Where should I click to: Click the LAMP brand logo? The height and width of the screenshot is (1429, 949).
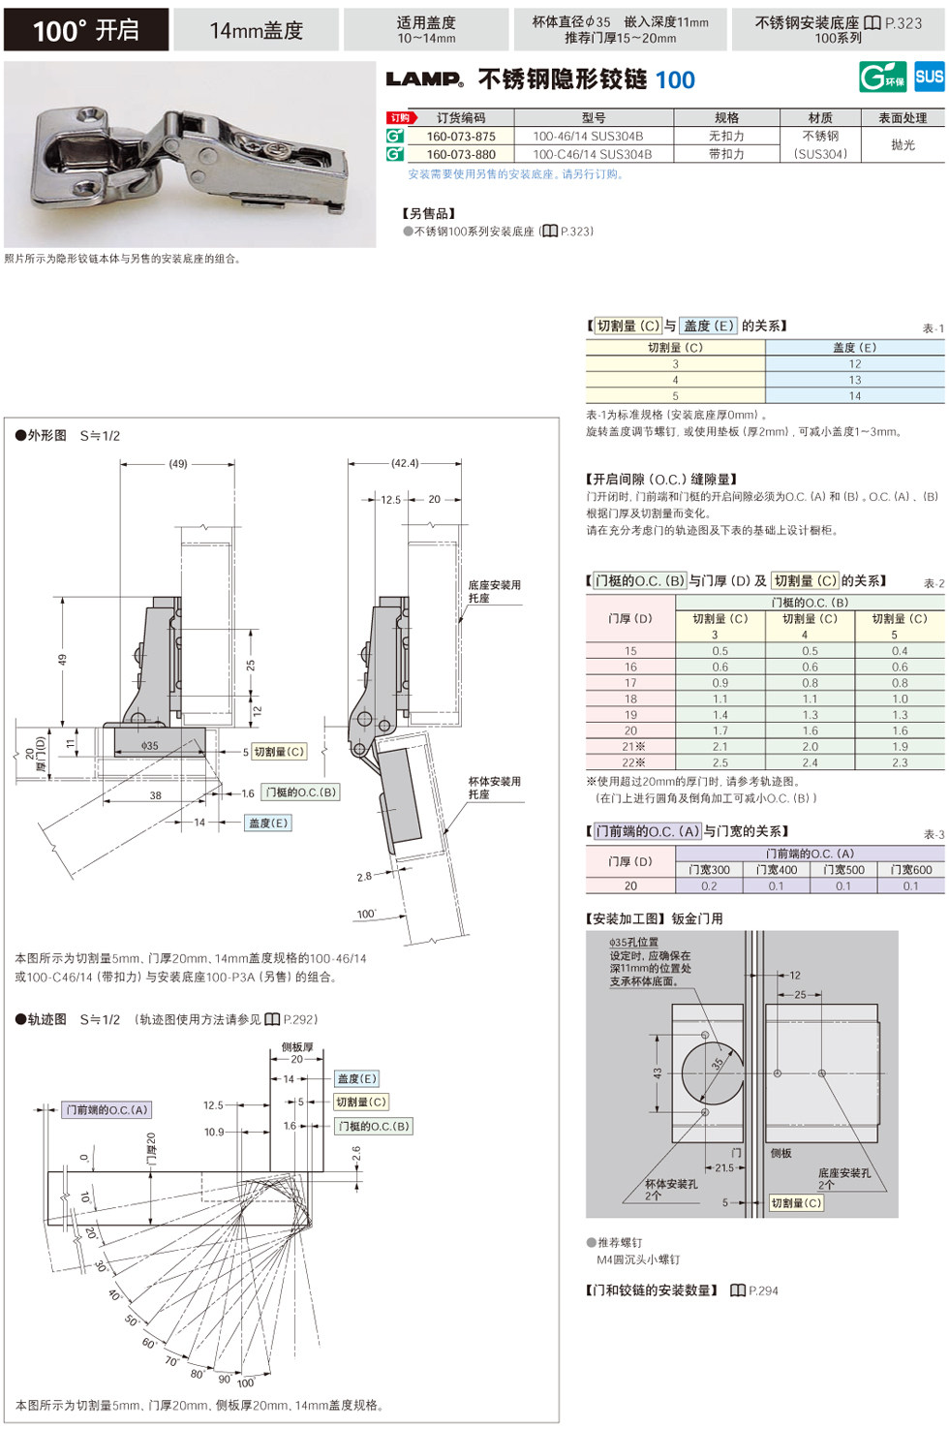424,79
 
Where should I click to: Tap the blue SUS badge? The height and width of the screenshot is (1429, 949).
929,77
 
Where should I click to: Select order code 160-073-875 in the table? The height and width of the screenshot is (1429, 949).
461,137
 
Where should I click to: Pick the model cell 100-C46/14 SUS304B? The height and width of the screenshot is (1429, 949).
592,154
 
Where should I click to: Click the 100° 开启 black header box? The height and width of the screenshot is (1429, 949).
86,30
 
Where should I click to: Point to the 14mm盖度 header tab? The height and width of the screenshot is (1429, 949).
257,30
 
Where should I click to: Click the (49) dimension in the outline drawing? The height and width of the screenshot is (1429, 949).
178,464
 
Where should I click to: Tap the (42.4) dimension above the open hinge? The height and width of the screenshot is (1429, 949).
405,463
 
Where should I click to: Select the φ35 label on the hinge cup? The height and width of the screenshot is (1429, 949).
149,746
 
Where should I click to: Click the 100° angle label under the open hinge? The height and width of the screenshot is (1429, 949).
366,914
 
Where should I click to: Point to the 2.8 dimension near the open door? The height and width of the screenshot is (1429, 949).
364,877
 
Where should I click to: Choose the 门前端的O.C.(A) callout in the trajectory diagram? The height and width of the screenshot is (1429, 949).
107,1110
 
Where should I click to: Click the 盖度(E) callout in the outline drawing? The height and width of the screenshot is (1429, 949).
268,823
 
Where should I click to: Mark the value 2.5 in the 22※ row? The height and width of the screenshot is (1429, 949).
719,762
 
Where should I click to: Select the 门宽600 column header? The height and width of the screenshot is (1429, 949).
910,870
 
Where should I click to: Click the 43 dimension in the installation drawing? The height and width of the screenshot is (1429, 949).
658,1073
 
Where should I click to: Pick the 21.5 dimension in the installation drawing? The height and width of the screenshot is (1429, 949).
723,1167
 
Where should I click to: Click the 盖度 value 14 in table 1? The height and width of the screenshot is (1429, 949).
854,396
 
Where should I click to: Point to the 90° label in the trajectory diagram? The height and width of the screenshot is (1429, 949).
224,1379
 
